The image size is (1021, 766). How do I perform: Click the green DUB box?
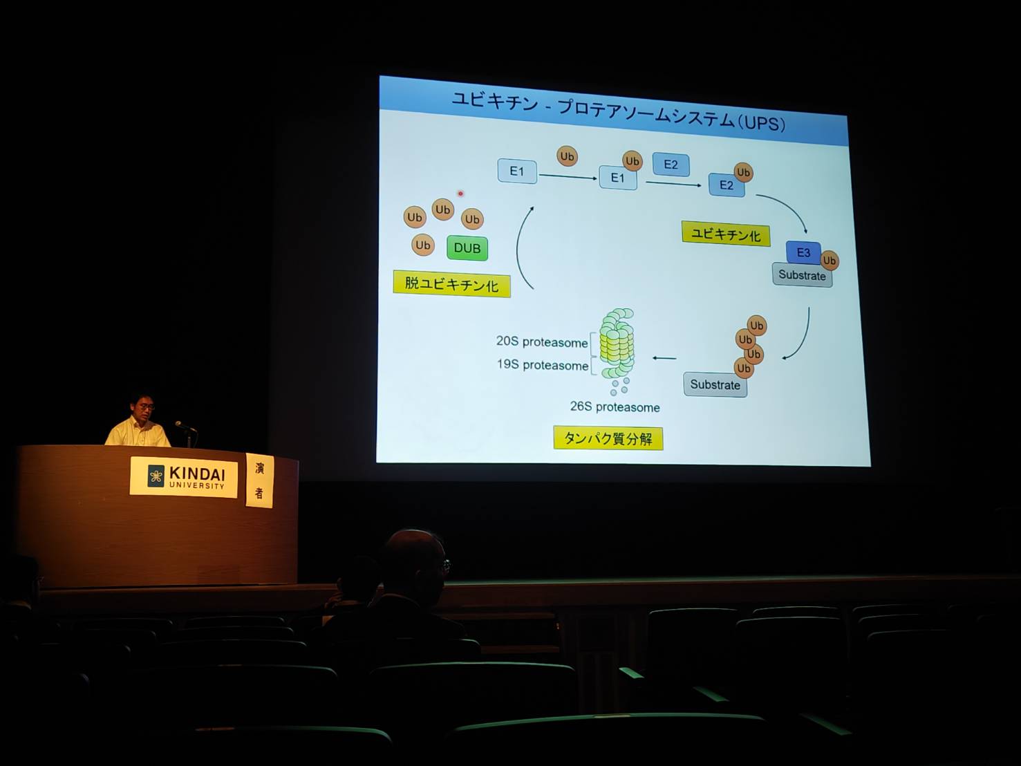467,248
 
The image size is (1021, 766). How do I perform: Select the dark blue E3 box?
803,252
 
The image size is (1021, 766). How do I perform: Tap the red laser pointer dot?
460,194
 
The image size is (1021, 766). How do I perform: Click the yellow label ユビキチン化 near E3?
726,234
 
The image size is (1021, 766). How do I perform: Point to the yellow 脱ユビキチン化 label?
451,283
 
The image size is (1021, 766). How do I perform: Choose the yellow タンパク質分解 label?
608,438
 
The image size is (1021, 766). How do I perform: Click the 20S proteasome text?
542,342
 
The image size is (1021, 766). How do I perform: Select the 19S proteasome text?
543,364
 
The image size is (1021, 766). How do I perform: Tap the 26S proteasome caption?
615,407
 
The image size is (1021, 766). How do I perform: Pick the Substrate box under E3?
803,275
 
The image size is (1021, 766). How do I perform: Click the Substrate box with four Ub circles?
715,384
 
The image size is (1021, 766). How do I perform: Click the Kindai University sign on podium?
184,477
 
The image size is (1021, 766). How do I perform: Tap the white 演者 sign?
259,480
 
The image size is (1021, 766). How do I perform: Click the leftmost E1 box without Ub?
517,171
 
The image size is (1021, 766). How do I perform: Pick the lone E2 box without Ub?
671,165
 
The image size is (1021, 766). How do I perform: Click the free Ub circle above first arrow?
567,156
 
